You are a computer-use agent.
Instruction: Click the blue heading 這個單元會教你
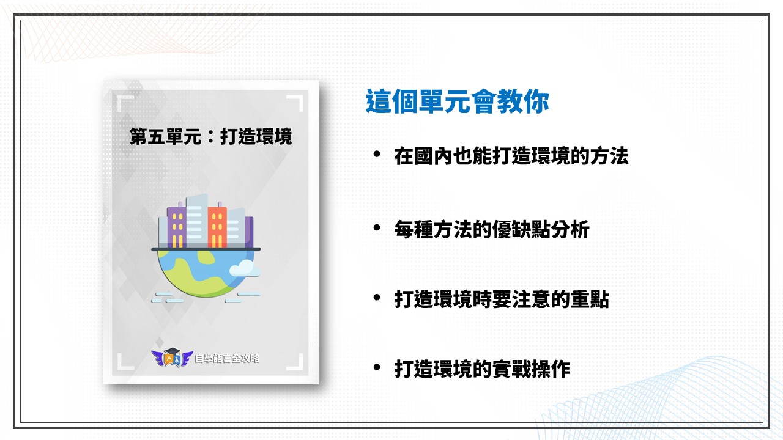point(457,101)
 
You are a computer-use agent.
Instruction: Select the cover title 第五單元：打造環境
point(211,136)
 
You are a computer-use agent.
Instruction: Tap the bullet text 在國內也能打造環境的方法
point(511,156)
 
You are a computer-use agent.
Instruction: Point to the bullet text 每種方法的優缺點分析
point(492,229)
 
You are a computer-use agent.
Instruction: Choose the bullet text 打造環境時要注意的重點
point(502,299)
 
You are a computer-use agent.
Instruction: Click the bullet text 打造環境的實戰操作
point(482,369)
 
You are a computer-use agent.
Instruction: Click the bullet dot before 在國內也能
point(376,154)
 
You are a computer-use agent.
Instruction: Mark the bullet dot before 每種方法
point(376,228)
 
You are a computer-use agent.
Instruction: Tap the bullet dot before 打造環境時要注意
point(376,298)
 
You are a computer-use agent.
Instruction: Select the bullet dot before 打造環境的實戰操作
point(376,367)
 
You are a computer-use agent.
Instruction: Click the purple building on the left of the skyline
point(177,226)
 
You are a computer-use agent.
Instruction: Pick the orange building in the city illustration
point(217,226)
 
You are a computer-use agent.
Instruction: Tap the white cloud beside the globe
point(245,268)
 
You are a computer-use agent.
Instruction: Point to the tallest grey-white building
point(196,221)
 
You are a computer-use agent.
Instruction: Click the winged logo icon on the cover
point(172,358)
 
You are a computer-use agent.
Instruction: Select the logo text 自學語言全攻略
point(226,359)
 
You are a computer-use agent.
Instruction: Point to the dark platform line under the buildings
point(206,249)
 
